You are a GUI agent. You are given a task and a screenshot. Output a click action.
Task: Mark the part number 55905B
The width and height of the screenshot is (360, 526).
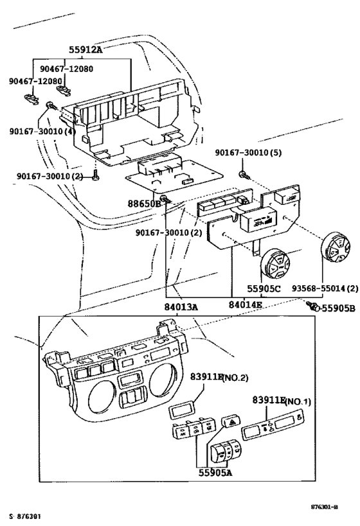point(338,308)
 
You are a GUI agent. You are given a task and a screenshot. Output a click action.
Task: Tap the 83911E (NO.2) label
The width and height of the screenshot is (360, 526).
point(218,378)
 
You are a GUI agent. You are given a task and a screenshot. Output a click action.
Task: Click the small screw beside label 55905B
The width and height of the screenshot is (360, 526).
point(312,306)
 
